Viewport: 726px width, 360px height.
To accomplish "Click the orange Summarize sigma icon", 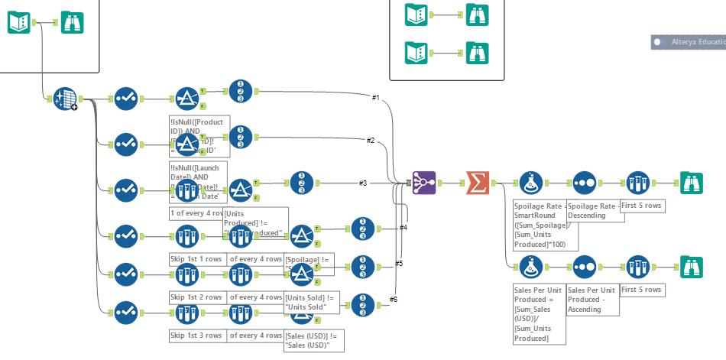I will tap(478, 183).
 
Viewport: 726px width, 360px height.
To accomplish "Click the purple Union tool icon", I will tap(425, 183).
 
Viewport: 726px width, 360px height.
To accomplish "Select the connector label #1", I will tap(376, 98).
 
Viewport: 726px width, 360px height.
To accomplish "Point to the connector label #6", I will tap(394, 299).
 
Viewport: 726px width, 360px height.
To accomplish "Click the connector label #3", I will tap(364, 183).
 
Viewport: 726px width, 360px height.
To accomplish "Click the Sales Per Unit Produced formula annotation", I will tap(539, 313).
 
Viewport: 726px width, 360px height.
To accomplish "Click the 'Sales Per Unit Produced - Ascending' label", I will tap(593, 300).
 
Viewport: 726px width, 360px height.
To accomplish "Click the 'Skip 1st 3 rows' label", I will tap(196, 336).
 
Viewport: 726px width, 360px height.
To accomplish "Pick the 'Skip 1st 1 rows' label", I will tap(196, 259).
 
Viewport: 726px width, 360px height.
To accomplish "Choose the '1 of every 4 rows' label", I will tap(196, 213).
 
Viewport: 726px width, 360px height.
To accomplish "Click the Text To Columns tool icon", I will tap(65, 99).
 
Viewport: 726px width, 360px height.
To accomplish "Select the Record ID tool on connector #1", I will tap(240, 92).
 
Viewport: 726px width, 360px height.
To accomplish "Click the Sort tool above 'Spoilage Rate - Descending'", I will tap(584, 183).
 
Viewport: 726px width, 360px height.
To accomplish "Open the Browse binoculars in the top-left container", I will tap(73, 22).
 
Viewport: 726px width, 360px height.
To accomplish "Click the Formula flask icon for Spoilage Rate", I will tap(532, 183).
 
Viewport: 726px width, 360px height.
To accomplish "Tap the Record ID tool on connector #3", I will tap(302, 183).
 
